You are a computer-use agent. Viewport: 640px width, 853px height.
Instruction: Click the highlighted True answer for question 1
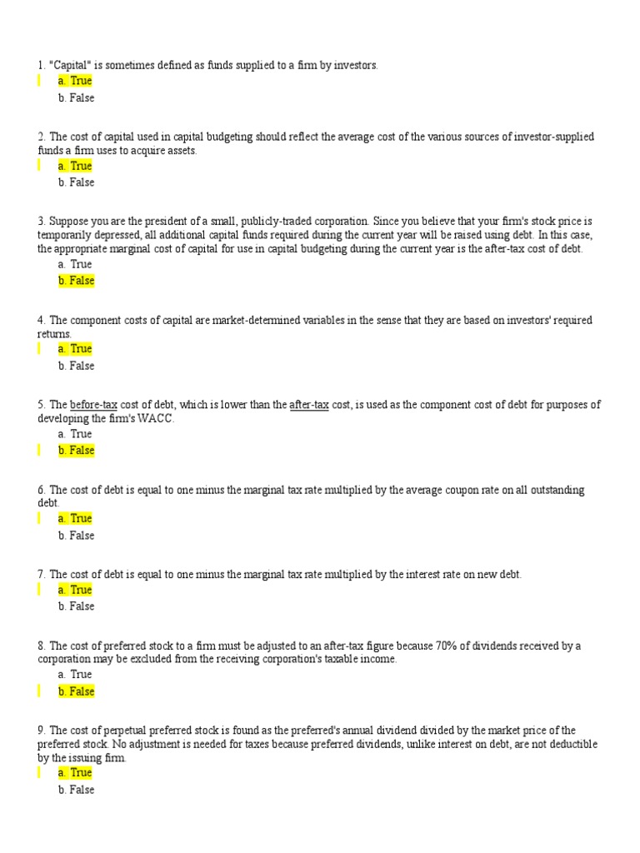click(75, 81)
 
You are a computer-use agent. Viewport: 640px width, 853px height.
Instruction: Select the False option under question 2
click(76, 182)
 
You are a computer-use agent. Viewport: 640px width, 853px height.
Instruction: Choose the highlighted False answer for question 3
click(76, 281)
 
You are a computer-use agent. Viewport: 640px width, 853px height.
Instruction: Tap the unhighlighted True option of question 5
click(75, 434)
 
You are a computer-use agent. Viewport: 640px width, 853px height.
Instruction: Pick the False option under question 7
click(76, 606)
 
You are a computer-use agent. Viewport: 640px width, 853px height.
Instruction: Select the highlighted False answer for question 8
click(76, 691)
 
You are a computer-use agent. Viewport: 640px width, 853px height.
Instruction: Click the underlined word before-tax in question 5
click(93, 405)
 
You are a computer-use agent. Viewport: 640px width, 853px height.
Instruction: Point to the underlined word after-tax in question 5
click(308, 405)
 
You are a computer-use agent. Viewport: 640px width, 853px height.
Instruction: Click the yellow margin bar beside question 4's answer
click(39, 348)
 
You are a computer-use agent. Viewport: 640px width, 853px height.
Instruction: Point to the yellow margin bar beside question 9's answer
click(39, 773)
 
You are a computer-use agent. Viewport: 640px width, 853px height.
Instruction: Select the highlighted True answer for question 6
click(75, 518)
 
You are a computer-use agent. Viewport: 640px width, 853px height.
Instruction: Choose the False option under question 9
click(76, 790)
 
